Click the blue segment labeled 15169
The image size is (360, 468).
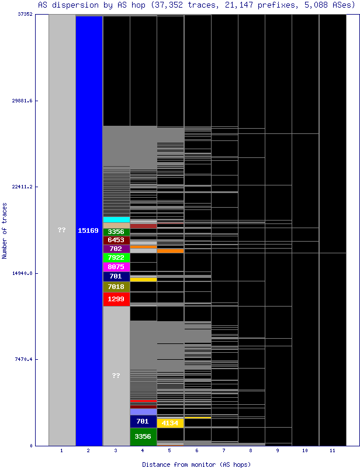89,230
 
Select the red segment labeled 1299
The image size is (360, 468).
116,299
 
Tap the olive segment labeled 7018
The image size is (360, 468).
116,287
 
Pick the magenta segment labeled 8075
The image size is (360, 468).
116,267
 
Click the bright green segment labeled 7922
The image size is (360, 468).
116,257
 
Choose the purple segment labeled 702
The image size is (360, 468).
116,249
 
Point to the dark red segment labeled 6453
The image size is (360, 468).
116,240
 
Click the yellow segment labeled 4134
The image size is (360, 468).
170,422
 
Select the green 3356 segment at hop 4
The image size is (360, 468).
143,436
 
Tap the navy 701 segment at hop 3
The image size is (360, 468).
116,276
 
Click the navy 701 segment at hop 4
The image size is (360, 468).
143,421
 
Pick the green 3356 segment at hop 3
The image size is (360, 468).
116,232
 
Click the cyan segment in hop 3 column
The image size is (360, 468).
116,219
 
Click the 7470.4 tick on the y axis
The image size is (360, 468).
23,359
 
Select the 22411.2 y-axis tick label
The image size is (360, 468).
23,187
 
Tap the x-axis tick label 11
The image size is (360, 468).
332,450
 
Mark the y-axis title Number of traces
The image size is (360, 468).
5,230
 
